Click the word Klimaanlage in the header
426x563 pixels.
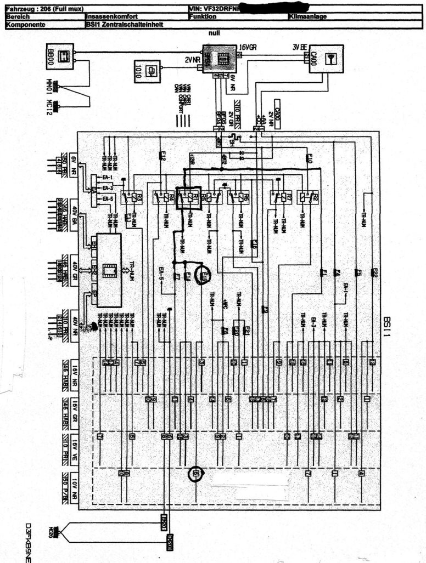pyautogui.click(x=308, y=17)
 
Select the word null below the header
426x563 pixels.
pyautogui.click(x=214, y=33)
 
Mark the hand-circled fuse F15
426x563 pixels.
pyautogui.click(x=204, y=274)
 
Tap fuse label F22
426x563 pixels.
pyautogui.click(x=374, y=272)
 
